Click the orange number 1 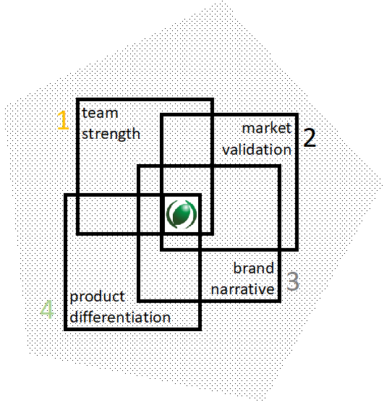[x=63, y=120]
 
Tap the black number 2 [x=310, y=137]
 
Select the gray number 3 [x=293, y=281]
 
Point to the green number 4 [x=47, y=309]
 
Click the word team [x=100, y=113]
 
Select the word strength [x=111, y=134]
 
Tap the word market [x=267, y=128]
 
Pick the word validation [x=257, y=150]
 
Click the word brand [x=254, y=268]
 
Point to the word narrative [x=243, y=289]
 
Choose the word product [x=97, y=297]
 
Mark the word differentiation [x=120, y=317]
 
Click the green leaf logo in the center [x=182, y=214]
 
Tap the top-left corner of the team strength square [x=77, y=100]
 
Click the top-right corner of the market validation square [x=296, y=115]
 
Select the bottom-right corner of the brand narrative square [x=280, y=301]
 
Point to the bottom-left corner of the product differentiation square [x=65, y=329]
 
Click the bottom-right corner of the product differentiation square [x=200, y=329]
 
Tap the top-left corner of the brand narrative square [x=139, y=166]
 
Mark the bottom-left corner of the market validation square [x=161, y=249]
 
